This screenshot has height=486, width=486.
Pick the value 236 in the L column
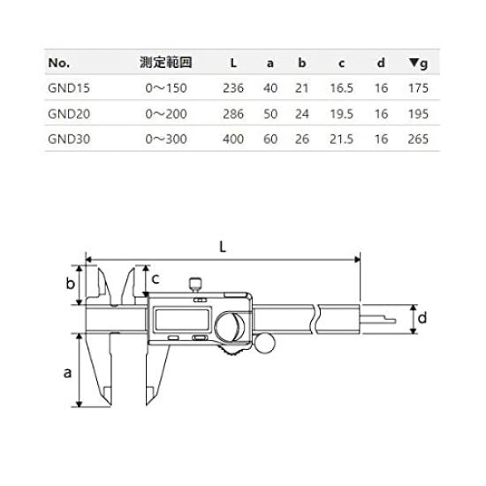pos(232,88)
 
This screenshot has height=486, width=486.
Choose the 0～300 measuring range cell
pos(167,138)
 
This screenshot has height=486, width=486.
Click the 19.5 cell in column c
pos(340,113)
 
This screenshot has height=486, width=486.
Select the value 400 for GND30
pos(232,138)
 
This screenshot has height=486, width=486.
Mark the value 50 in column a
pos(271,113)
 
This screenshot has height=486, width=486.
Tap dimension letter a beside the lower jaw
pos(67,372)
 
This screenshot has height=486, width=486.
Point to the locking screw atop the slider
pos(194,285)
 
